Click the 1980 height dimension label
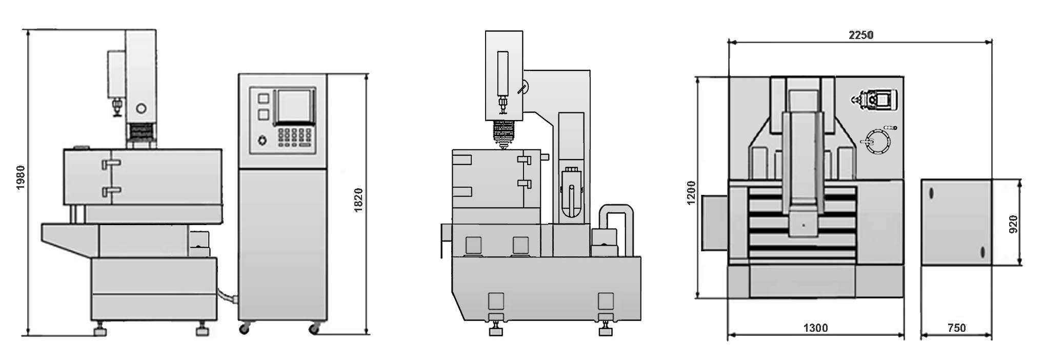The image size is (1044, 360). coord(21,178)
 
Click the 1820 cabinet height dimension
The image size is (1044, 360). coord(358,200)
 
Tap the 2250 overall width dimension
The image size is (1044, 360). coord(861,35)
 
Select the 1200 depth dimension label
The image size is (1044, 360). coord(691,192)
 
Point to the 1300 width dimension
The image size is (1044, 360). coord(815,328)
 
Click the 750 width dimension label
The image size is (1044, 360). coord(957,328)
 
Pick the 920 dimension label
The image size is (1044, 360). coord(1013,224)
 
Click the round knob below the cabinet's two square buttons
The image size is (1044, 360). coord(263,140)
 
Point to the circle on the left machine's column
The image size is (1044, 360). coord(141,108)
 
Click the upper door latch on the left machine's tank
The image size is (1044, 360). coord(112,164)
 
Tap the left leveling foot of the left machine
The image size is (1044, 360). coord(101,330)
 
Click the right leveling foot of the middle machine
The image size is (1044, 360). coord(606,329)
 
